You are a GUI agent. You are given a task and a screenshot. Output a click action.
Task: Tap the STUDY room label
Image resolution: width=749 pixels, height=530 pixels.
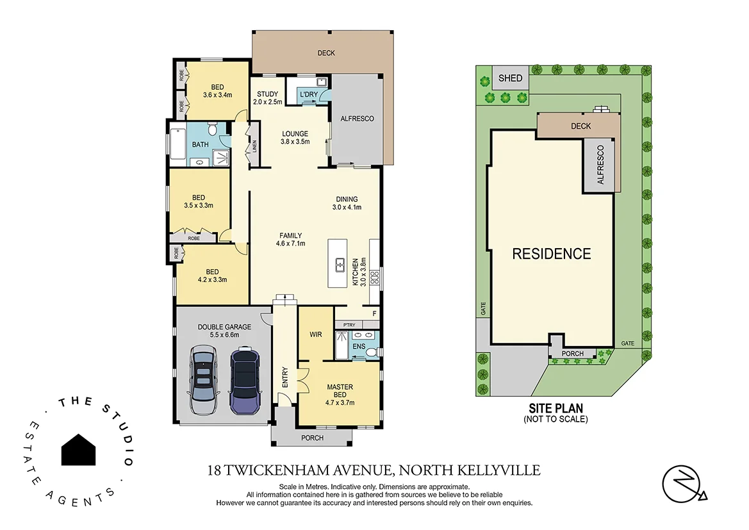[x=266, y=94]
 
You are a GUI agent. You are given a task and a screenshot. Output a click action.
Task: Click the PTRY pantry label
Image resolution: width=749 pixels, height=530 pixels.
[x=349, y=326]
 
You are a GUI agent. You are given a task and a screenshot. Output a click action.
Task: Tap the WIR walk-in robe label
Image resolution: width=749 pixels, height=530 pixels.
[x=316, y=335]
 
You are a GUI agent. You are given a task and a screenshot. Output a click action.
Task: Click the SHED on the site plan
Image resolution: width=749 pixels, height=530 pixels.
[x=511, y=78]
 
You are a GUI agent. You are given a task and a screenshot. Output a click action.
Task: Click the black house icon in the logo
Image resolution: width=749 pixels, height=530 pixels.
[x=79, y=449]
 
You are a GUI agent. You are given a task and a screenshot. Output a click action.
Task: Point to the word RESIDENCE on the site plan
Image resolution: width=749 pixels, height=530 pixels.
[x=551, y=254]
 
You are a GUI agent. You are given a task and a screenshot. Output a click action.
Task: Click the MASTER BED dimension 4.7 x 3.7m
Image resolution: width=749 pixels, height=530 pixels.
[x=340, y=402]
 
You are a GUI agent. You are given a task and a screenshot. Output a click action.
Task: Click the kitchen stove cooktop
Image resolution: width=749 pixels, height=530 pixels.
[x=375, y=277]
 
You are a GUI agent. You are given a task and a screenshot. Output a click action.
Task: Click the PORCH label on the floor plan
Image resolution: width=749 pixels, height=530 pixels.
[x=312, y=438]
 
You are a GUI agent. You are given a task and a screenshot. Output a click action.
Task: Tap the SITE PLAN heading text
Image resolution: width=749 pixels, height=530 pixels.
[x=556, y=408]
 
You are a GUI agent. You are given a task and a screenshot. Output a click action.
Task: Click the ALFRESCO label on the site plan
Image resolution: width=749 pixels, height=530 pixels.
[x=600, y=165]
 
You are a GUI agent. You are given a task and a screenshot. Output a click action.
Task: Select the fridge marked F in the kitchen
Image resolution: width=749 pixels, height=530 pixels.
[x=374, y=313]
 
